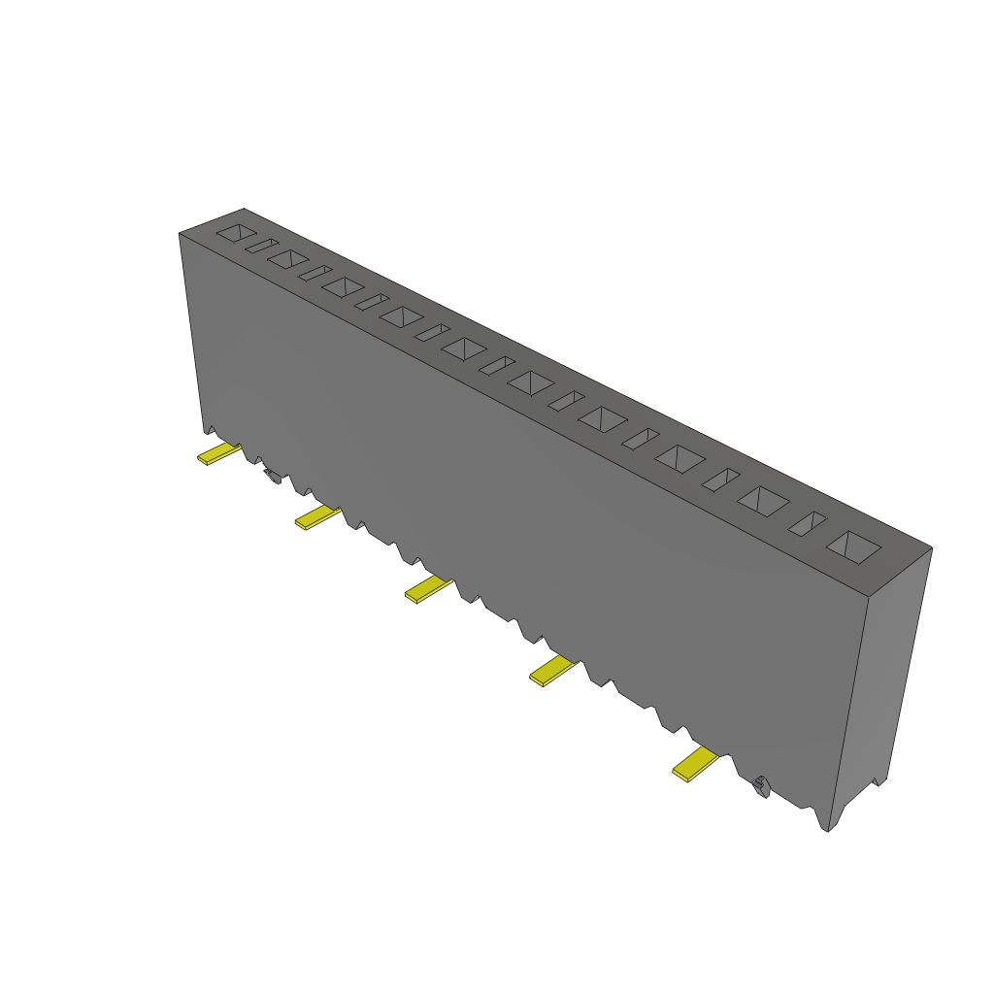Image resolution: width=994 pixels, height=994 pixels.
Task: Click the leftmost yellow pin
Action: (x=217, y=453)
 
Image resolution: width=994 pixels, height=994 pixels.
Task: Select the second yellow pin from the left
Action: (x=316, y=516)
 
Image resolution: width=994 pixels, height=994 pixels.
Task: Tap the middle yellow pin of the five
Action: (x=427, y=588)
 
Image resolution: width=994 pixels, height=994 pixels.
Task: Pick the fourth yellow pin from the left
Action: (x=553, y=671)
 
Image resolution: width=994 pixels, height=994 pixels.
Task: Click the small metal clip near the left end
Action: (x=272, y=475)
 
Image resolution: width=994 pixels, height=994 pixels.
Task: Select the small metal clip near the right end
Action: (x=761, y=785)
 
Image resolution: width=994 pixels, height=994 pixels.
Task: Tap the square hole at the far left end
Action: (x=236, y=233)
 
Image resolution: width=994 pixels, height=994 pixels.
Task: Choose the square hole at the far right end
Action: (x=853, y=547)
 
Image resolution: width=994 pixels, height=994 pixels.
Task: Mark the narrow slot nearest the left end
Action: (x=261, y=247)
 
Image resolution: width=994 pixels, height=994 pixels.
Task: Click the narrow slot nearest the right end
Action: (x=807, y=524)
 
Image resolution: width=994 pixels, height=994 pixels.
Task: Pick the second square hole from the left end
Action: (x=288, y=259)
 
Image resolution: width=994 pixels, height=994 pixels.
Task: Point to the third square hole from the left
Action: (x=343, y=286)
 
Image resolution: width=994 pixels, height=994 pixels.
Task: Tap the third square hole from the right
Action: (x=679, y=458)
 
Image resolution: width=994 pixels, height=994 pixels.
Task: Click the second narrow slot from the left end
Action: (x=315, y=273)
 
